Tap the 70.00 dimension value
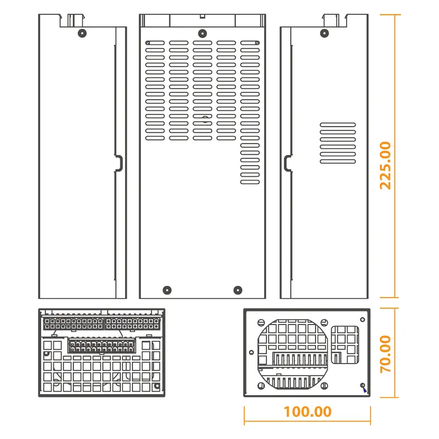[x=386, y=354]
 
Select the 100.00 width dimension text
[x=308, y=412]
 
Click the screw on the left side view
[x=81, y=33]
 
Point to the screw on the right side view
[x=324, y=33]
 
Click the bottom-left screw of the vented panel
[x=167, y=290]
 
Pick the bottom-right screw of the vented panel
[x=237, y=290]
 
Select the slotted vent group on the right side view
[x=338, y=142]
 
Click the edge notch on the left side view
[x=119, y=163]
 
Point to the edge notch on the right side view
[x=287, y=163]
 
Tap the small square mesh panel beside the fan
[x=345, y=345]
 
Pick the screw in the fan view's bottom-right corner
[x=362, y=385]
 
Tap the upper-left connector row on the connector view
[x=74, y=322]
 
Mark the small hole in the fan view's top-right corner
[x=362, y=318]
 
